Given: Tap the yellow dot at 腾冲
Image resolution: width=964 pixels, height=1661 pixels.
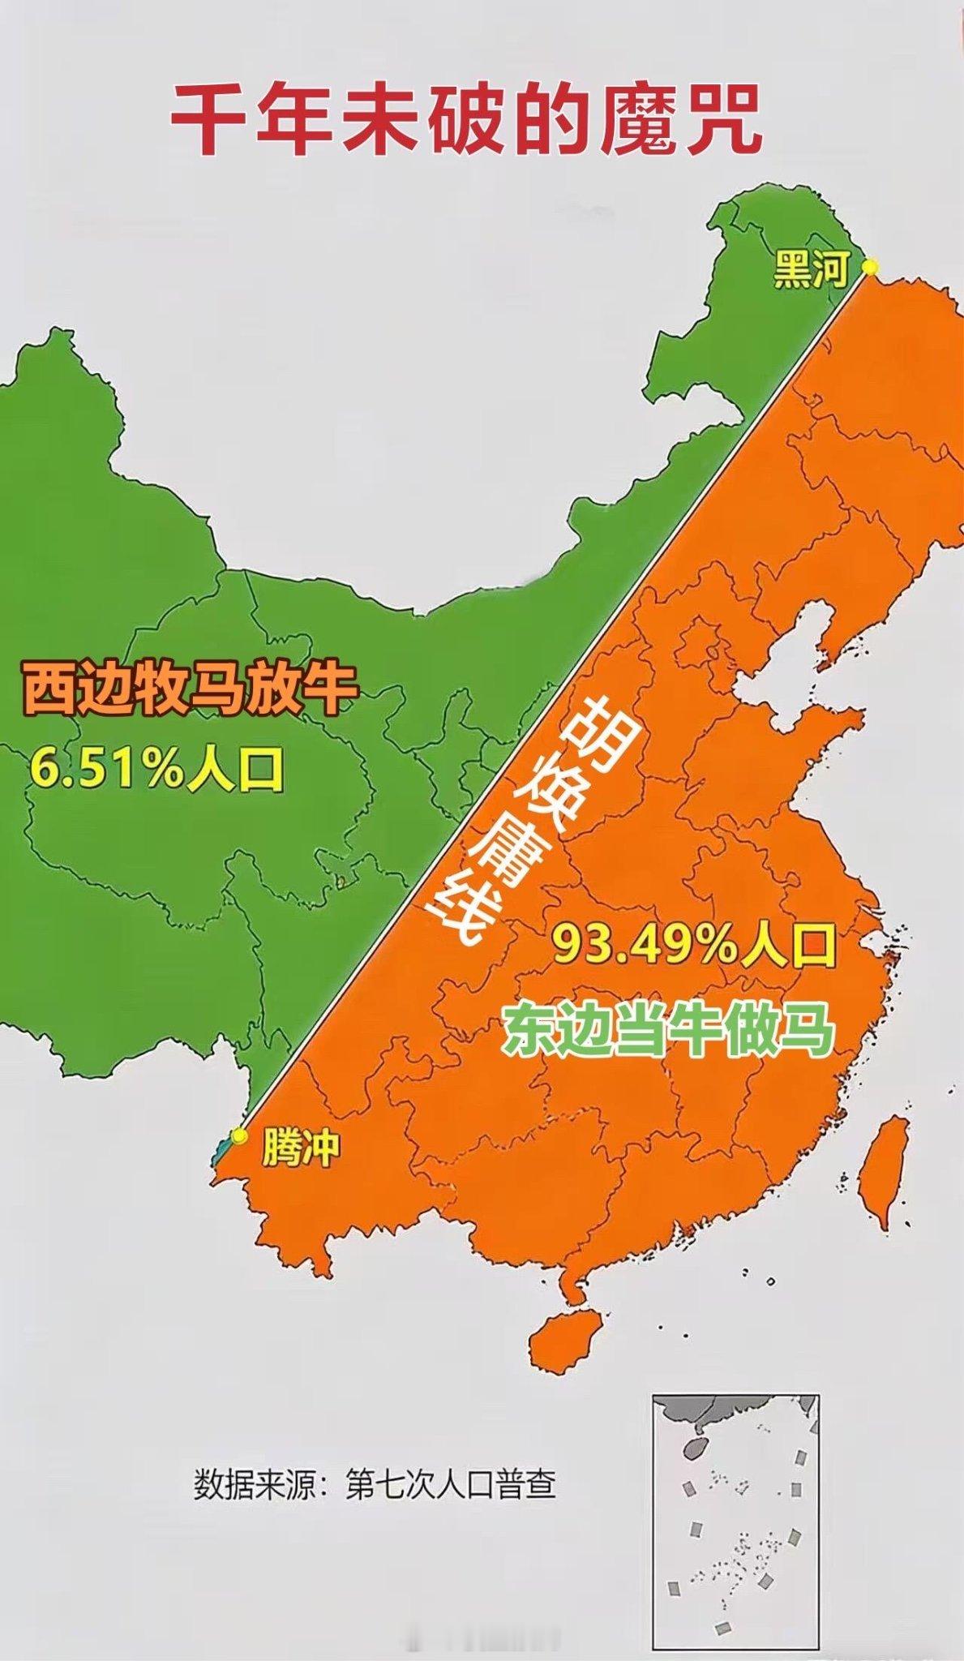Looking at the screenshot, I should [x=238, y=1135].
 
